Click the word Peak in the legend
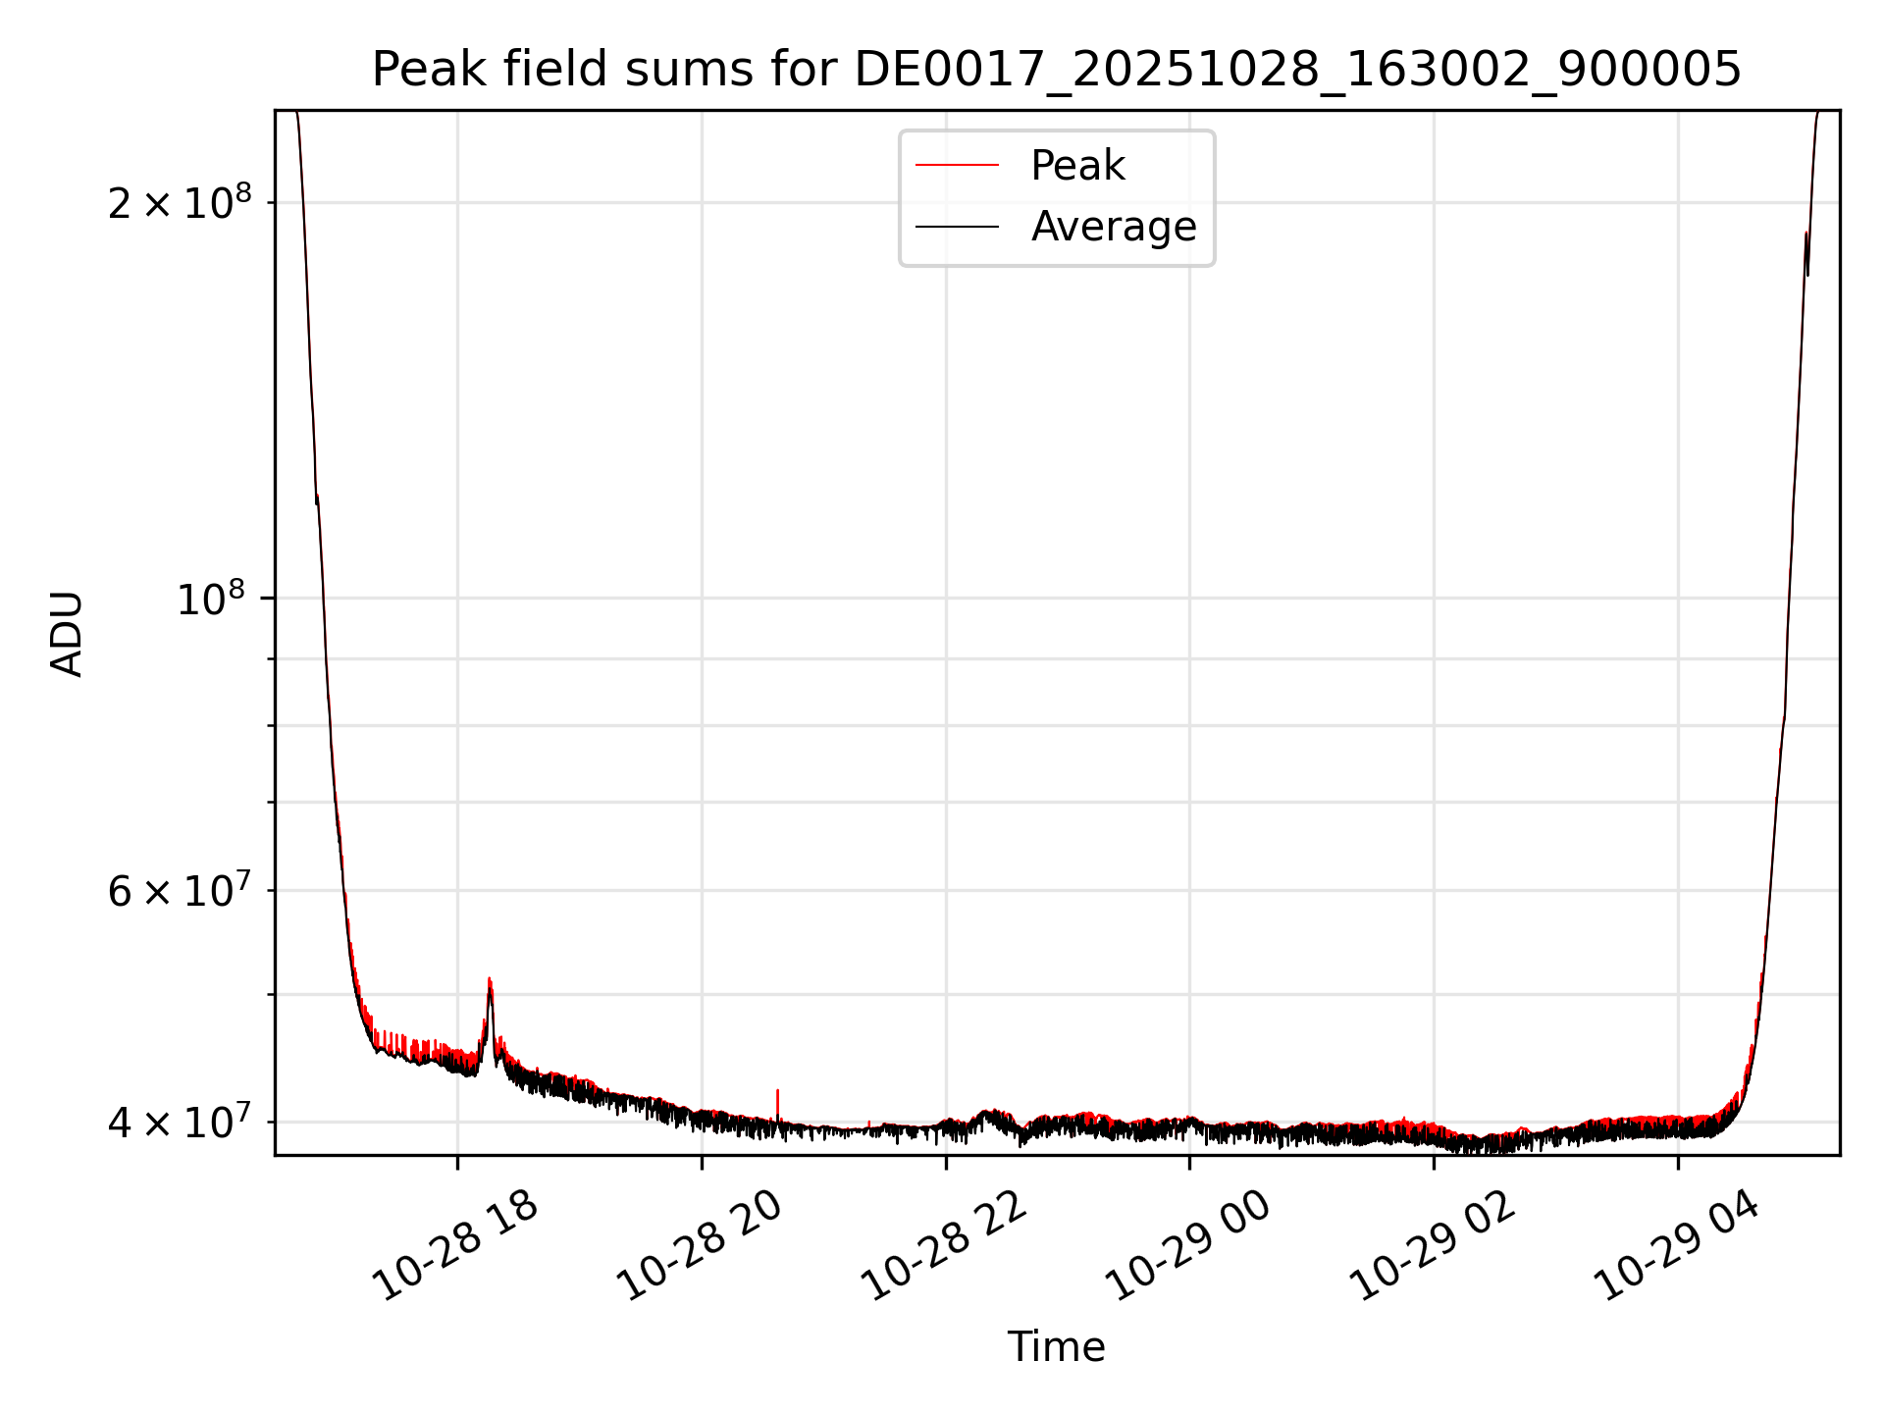tap(1077, 166)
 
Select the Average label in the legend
tap(1114, 227)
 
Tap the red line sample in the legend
tap(957, 166)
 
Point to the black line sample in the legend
tap(957, 227)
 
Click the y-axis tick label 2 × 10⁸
tap(180, 203)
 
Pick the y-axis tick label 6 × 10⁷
tap(180, 891)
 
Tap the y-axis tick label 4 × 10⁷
tap(180, 1123)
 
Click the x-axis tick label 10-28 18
tap(457, 1245)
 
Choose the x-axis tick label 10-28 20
tap(702, 1245)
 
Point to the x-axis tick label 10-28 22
tap(946, 1245)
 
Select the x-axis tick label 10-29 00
tap(1190, 1245)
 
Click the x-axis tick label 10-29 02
tap(1435, 1245)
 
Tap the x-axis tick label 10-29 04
tap(1678, 1245)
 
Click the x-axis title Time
tap(1056, 1347)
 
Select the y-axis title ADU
tap(68, 633)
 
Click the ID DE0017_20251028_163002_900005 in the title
tap(1297, 70)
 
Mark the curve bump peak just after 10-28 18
tap(490, 980)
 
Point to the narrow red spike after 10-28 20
tap(778, 1092)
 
